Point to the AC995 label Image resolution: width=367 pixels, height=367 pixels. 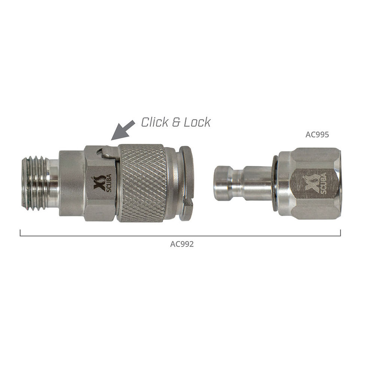[317, 135]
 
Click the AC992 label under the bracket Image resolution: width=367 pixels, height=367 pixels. [182, 244]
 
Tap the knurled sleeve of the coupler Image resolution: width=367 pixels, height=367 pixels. [140, 183]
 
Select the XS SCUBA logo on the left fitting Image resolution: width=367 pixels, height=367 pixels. [103, 183]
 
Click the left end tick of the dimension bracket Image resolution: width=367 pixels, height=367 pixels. [20, 233]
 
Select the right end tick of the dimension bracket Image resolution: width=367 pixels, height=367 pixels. [340, 233]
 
